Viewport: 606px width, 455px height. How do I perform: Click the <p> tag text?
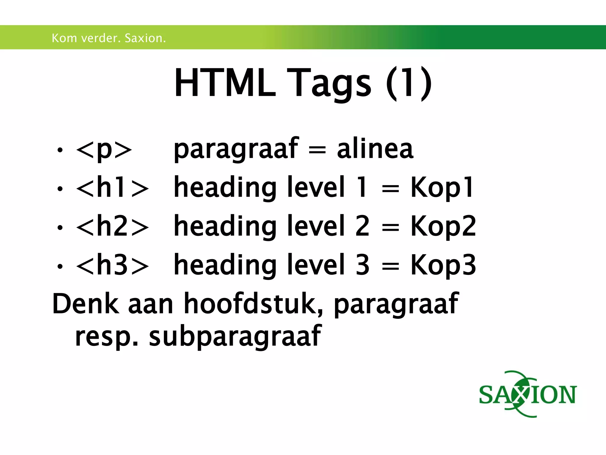(x=104, y=149)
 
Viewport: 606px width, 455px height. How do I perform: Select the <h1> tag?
(x=112, y=188)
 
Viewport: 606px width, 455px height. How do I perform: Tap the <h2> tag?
(x=112, y=227)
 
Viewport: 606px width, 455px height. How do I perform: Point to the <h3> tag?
(x=112, y=265)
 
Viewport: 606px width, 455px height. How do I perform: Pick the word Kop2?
(x=443, y=227)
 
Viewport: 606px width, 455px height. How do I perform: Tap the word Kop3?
(x=443, y=265)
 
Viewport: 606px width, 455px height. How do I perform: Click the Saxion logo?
(x=528, y=394)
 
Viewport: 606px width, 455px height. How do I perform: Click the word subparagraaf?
(x=235, y=336)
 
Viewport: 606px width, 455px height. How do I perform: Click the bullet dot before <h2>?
(x=60, y=227)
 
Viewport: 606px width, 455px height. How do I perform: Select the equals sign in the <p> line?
(x=317, y=150)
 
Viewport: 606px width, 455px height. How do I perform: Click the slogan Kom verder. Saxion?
(x=109, y=38)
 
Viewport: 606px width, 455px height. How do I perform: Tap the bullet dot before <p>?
(x=60, y=150)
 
